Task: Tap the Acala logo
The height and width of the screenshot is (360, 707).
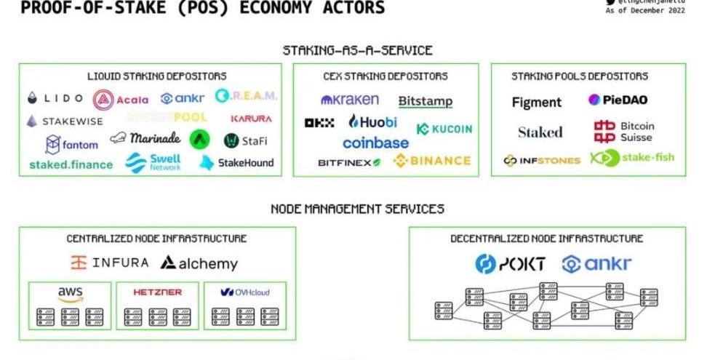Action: click(121, 99)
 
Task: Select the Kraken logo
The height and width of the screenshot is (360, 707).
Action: click(349, 99)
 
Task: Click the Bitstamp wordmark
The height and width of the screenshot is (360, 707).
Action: click(426, 101)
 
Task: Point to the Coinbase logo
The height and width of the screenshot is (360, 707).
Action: click(375, 143)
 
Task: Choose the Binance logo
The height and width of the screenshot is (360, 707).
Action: click(432, 161)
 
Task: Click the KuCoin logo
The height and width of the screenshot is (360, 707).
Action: click(444, 129)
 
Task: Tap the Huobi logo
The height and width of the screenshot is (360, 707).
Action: click(372, 121)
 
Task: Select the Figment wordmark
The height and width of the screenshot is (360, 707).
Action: click(537, 103)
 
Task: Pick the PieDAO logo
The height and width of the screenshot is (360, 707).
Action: click(618, 100)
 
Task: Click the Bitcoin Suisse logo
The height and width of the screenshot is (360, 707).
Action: click(624, 132)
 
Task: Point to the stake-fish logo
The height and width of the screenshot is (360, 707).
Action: click(632, 158)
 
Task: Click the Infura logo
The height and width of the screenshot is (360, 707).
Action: click(110, 263)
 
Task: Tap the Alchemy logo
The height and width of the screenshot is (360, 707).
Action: click(199, 263)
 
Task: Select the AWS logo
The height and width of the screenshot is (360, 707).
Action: click(71, 294)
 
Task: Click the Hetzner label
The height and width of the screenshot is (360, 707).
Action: click(157, 292)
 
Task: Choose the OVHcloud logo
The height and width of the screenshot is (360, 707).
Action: click(244, 292)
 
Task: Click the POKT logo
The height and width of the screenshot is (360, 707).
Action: click(510, 264)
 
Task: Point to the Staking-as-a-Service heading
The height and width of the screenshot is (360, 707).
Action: click(358, 50)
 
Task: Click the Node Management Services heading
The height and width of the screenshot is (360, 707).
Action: click(357, 209)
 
